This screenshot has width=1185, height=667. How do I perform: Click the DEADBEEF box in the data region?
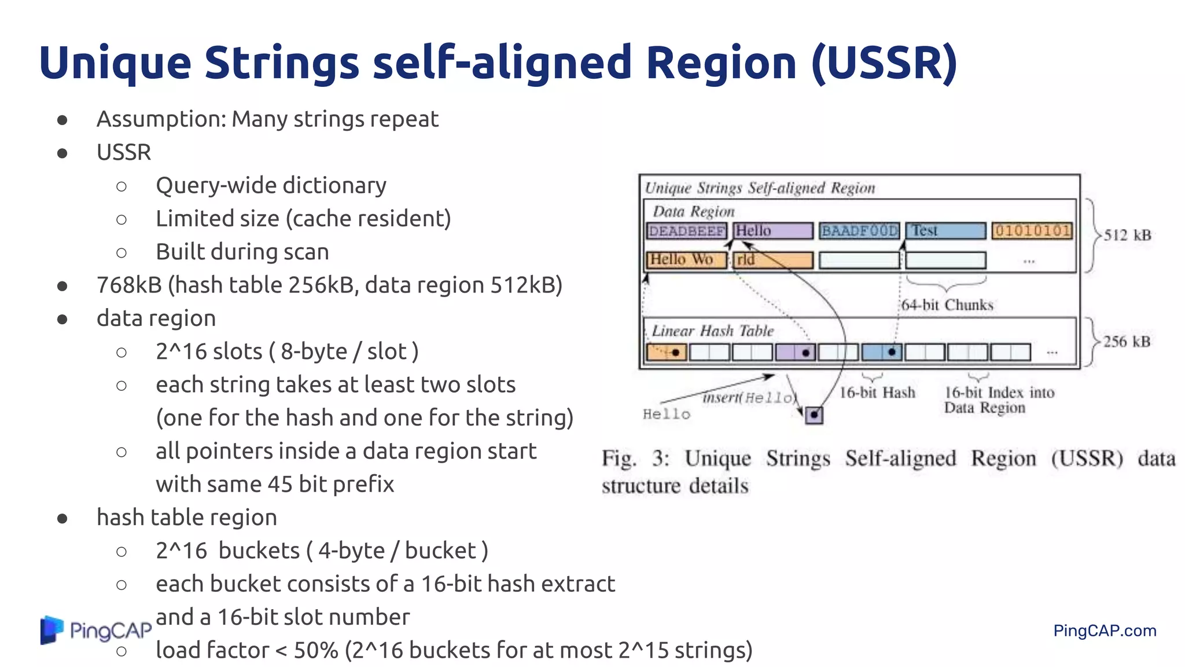click(686, 231)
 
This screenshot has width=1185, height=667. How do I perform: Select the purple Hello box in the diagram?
click(773, 231)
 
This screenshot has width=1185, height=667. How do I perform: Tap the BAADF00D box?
click(860, 231)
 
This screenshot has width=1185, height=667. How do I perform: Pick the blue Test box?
click(945, 231)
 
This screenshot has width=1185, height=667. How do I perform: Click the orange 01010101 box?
click(1032, 231)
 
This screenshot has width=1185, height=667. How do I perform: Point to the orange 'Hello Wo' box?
click(686, 260)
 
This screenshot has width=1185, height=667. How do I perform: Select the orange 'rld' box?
click(773, 260)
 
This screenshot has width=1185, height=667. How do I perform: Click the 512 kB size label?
click(1127, 236)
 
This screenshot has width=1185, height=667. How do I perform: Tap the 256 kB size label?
click(1127, 342)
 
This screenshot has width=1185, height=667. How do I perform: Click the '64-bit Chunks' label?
click(947, 305)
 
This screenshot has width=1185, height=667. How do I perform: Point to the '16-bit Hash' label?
click(877, 393)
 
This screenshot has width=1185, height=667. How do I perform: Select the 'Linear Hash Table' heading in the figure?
click(712, 331)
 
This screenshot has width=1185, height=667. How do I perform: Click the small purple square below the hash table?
click(814, 415)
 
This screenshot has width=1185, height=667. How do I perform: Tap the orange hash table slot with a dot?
click(667, 352)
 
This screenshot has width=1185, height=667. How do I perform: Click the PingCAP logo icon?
click(51, 630)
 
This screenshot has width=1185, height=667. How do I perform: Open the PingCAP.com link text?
click(1105, 631)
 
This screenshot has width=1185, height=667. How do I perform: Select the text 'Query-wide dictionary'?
click(271, 186)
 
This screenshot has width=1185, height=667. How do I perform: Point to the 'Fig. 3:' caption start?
click(635, 459)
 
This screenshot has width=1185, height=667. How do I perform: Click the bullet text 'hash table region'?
click(186, 518)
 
